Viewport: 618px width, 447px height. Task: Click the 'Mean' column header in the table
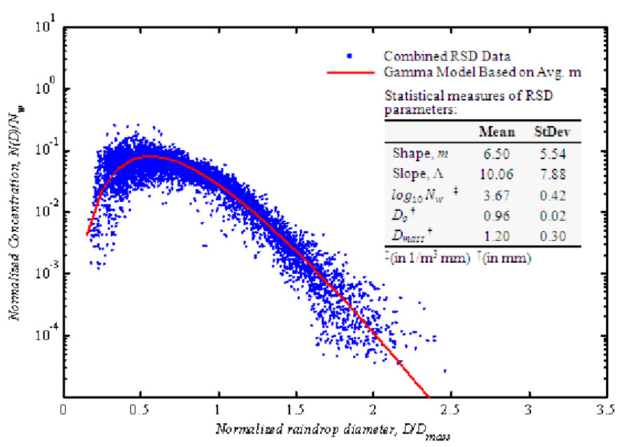[497, 132]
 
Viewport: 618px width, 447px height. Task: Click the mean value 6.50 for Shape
[496, 151]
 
